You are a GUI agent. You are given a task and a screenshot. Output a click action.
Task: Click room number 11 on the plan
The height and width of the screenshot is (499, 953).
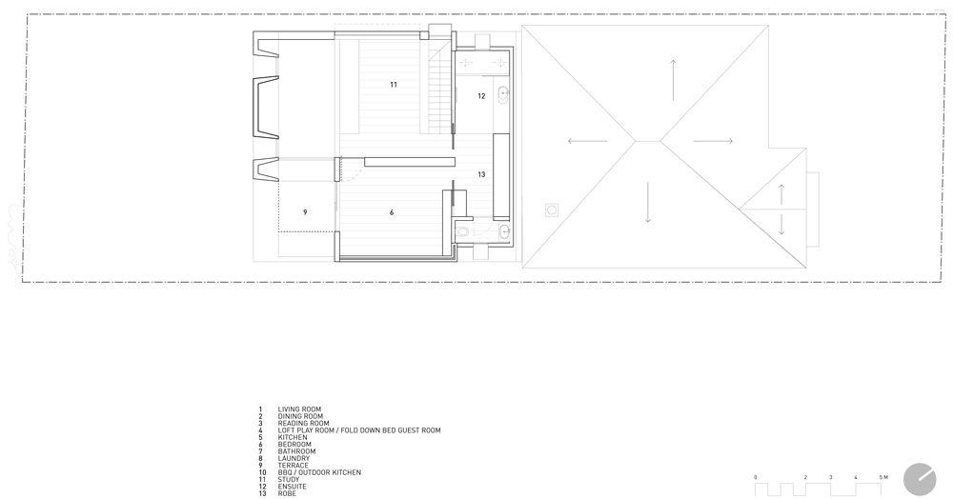394,85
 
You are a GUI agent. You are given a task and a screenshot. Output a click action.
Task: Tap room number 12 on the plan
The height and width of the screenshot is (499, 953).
481,96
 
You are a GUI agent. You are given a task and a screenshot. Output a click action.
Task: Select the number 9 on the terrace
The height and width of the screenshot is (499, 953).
305,212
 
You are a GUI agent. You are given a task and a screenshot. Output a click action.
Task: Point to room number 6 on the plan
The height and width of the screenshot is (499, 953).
392,212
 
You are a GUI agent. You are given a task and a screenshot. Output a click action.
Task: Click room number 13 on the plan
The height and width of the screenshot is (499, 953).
481,175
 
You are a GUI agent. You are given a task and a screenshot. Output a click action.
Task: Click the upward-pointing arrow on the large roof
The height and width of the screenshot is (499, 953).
673,80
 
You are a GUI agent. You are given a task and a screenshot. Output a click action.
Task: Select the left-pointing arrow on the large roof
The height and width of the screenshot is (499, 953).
588,142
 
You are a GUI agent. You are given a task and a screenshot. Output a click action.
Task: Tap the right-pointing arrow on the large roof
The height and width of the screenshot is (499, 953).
713,142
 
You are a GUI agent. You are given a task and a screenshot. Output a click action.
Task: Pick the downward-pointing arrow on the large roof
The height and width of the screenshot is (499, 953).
648,202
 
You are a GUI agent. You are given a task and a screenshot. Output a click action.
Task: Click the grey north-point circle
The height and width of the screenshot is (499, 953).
920,480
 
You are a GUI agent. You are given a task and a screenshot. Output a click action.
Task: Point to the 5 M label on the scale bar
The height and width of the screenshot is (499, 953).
883,478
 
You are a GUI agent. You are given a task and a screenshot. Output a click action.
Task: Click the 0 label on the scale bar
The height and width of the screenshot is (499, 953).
756,478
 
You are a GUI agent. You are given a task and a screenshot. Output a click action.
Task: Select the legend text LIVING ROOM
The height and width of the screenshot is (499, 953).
299,409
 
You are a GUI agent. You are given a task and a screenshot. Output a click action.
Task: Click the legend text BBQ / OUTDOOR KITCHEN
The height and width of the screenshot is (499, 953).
319,472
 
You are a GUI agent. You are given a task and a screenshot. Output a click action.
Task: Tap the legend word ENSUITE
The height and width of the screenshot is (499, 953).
293,487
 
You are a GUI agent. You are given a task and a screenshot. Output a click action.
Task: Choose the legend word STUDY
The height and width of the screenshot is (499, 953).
289,480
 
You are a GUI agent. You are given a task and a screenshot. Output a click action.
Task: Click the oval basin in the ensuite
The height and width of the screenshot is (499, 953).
503,93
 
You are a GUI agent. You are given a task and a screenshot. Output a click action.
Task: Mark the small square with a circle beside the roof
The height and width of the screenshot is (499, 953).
552,210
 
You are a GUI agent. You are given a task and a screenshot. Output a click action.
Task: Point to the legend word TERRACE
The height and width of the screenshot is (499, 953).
294,466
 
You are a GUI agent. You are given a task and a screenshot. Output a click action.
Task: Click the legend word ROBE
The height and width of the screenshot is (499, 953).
288,493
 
